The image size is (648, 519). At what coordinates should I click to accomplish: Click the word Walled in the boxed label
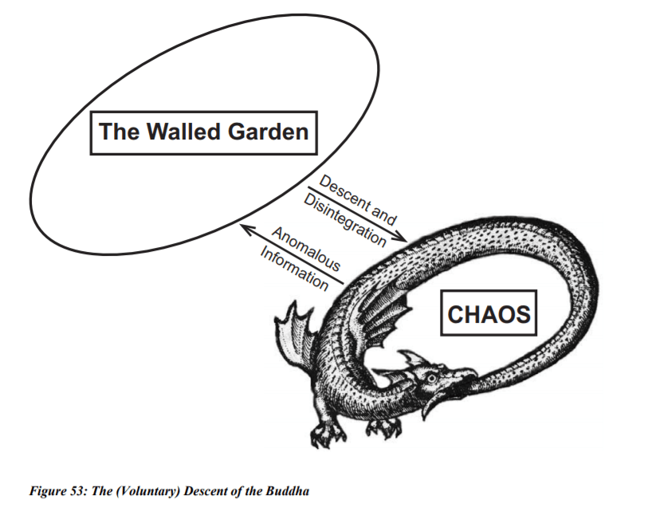187,132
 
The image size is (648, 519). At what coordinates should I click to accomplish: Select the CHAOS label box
489,314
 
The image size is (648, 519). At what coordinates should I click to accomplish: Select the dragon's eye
431,376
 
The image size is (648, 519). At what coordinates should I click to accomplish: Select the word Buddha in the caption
288,491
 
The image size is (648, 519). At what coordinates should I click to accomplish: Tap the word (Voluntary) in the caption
150,491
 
